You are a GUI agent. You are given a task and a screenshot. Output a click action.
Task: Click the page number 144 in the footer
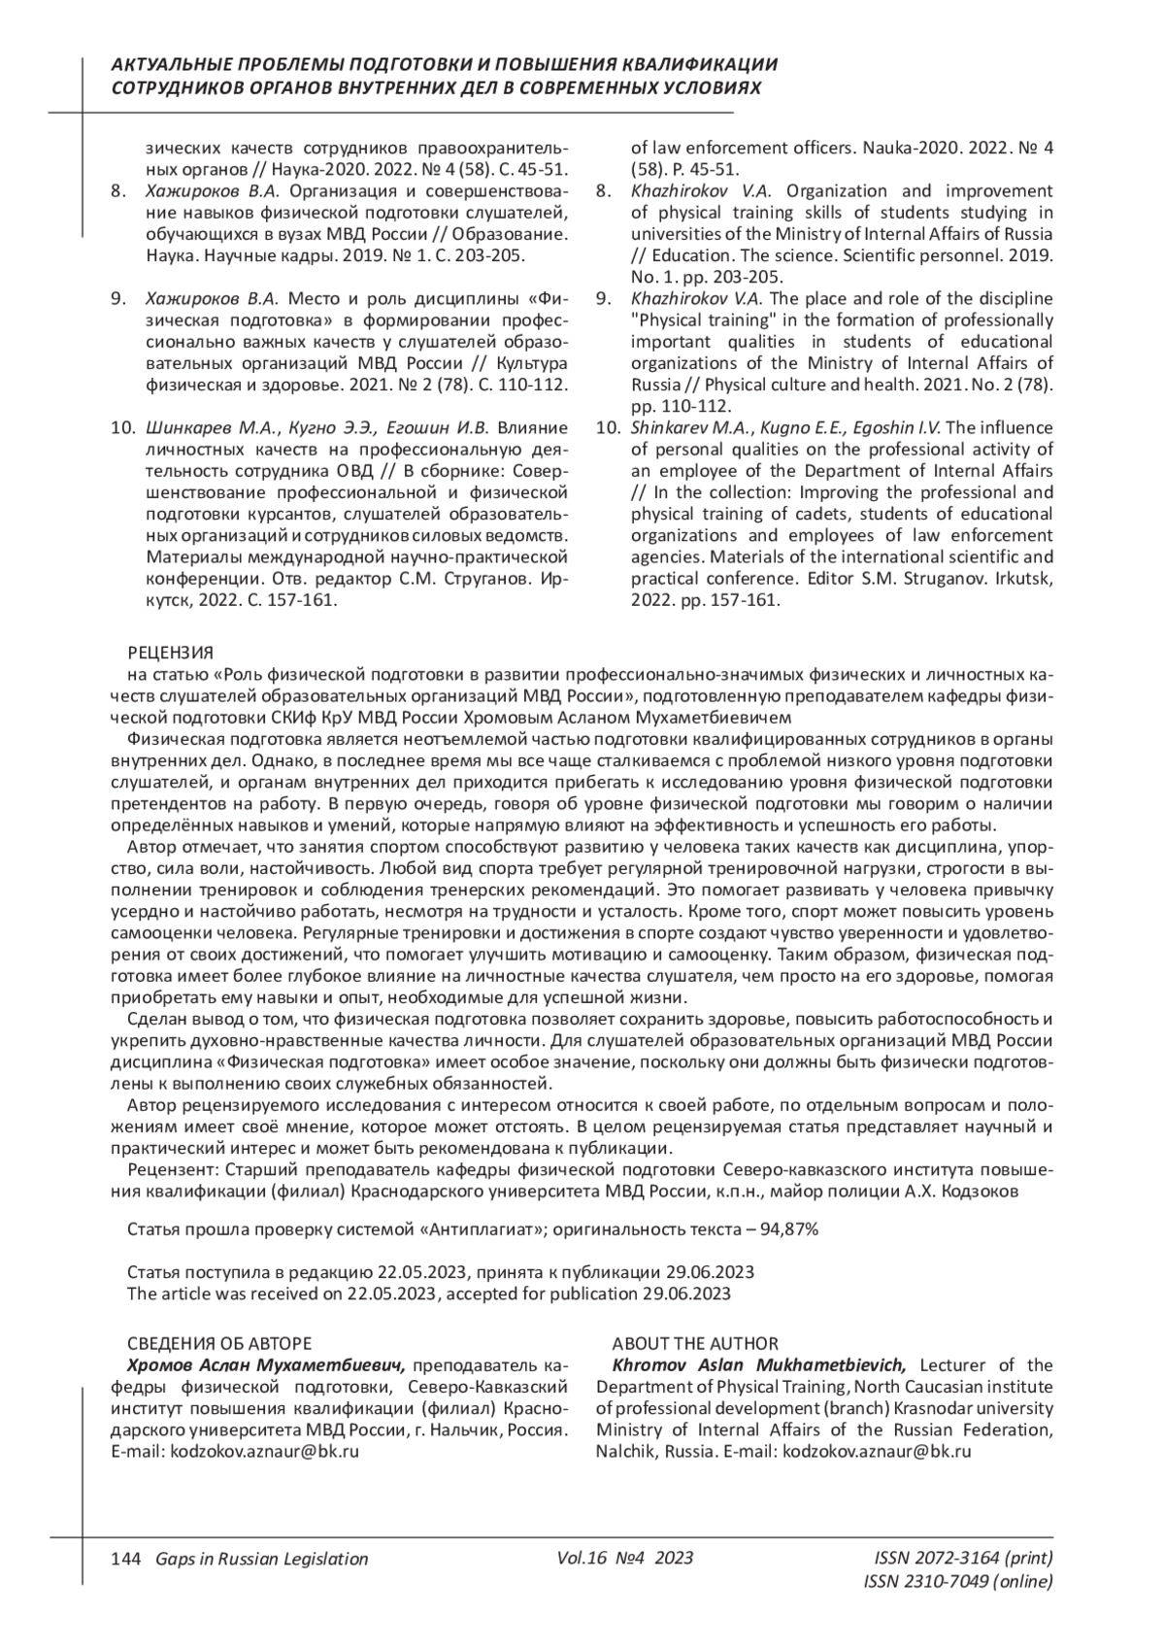coord(126,1560)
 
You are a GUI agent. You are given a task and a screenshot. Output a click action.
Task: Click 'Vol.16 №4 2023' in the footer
coord(626,1559)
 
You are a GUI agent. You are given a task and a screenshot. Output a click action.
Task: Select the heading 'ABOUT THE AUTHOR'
coord(694,1344)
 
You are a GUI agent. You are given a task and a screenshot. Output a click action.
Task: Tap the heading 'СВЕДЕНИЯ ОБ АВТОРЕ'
coord(219,1344)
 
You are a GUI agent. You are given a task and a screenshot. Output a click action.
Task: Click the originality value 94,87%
coord(790,1229)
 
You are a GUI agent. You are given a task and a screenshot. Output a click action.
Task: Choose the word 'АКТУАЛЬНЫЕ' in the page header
coord(164,64)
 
